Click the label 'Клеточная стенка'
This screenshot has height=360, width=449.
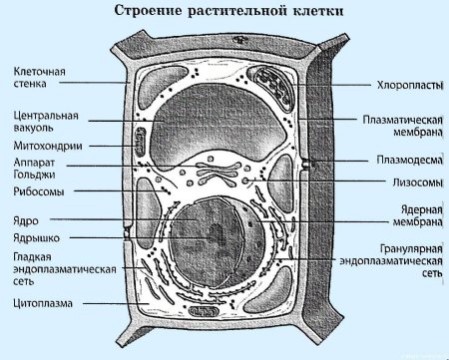[39, 78]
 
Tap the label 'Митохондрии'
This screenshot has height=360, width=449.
[44, 145]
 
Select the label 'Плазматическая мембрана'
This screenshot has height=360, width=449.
[400, 126]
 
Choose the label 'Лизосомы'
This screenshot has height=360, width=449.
[409, 182]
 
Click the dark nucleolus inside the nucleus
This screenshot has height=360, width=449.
[216, 233]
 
